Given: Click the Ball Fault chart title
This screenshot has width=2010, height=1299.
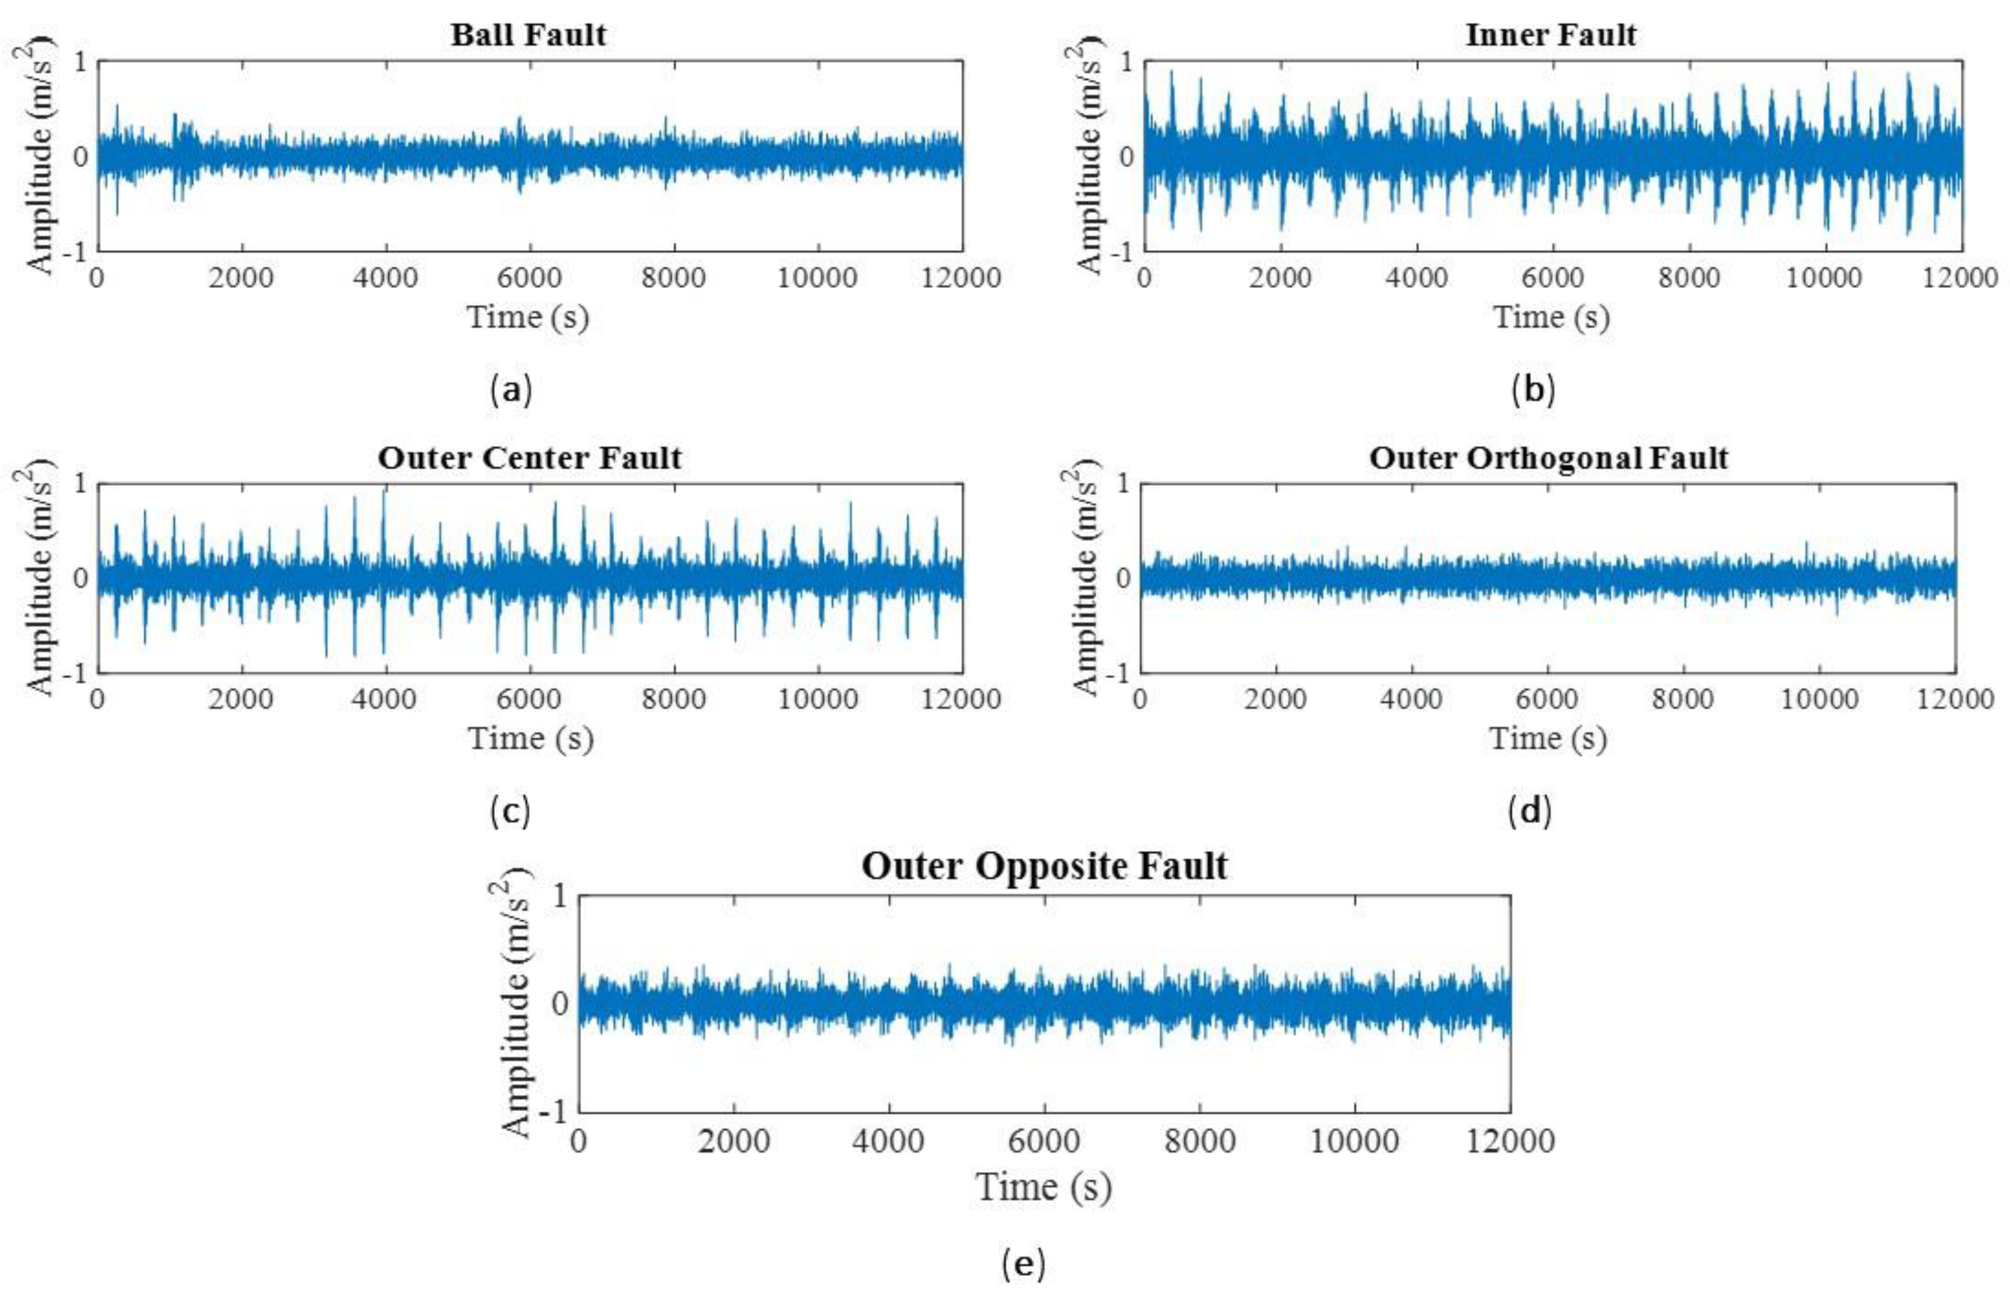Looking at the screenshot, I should (x=528, y=35).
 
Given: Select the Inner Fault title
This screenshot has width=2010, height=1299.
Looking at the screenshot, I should (x=1551, y=35).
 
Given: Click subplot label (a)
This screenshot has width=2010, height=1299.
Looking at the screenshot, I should (x=511, y=390).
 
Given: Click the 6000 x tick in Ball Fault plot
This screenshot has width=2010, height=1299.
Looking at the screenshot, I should (x=529, y=278).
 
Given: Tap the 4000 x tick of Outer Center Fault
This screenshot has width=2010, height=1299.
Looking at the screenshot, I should (x=385, y=699).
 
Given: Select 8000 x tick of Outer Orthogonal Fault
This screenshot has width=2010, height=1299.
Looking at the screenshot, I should (x=1682, y=699).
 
